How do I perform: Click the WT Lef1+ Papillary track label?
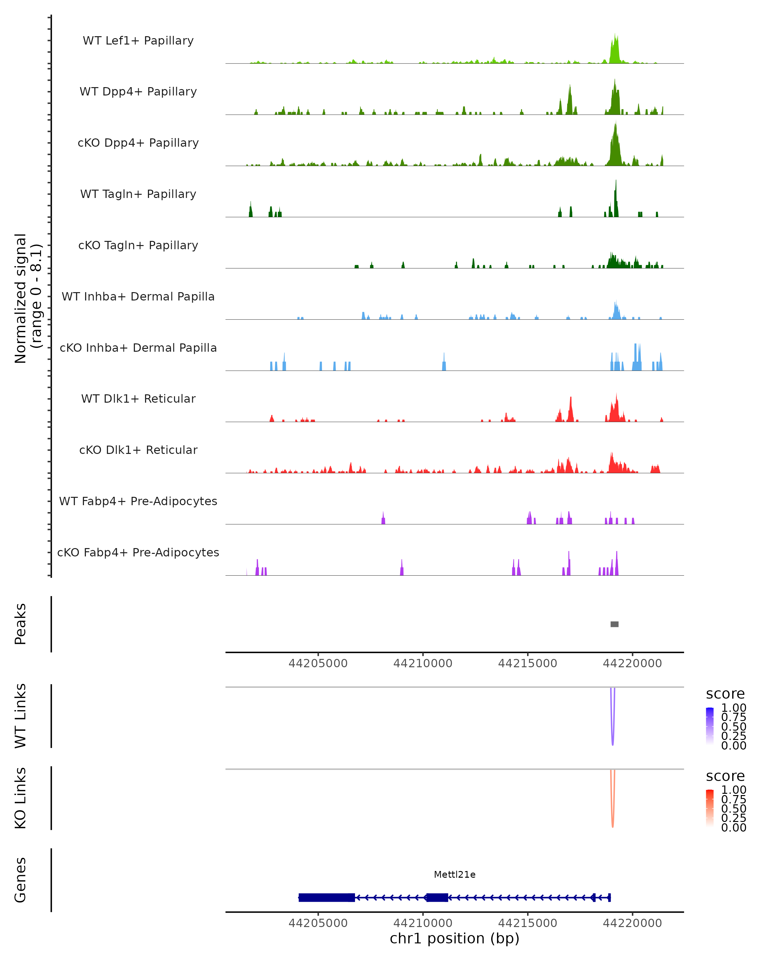(x=138, y=41)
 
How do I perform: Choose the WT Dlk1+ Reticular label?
(x=138, y=398)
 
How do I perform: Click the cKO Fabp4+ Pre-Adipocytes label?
(x=138, y=552)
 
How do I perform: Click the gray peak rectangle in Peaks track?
(x=614, y=624)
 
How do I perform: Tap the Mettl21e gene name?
(x=454, y=875)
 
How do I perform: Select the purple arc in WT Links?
(x=613, y=740)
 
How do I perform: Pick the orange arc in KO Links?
(x=613, y=822)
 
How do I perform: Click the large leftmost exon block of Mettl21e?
(x=326, y=897)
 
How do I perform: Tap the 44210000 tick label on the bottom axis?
(x=423, y=923)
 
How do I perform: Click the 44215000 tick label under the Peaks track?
(x=527, y=663)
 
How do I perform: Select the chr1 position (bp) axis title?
(x=454, y=939)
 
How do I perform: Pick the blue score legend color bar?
(x=710, y=726)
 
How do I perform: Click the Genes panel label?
(x=21, y=880)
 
